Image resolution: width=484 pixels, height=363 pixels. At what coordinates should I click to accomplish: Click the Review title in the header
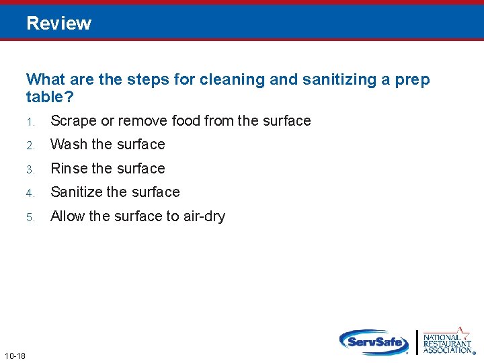[58, 24]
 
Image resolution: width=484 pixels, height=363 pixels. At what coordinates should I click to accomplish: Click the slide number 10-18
[14, 356]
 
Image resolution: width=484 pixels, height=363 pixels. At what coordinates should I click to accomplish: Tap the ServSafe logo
[374, 341]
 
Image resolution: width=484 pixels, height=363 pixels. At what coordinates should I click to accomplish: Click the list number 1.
[30, 122]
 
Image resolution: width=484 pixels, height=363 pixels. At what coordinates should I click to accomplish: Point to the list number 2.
[30, 145]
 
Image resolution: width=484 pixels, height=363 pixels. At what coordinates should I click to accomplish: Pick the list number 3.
[30, 169]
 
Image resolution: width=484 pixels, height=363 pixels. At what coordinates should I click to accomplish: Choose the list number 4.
[30, 193]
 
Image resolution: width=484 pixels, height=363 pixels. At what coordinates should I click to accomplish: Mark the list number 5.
[30, 217]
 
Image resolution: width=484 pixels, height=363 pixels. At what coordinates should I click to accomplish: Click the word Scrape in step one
[73, 121]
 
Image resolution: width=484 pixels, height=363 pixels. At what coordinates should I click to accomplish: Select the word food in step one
[186, 121]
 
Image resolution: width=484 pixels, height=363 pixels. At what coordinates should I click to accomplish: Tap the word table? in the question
[50, 97]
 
